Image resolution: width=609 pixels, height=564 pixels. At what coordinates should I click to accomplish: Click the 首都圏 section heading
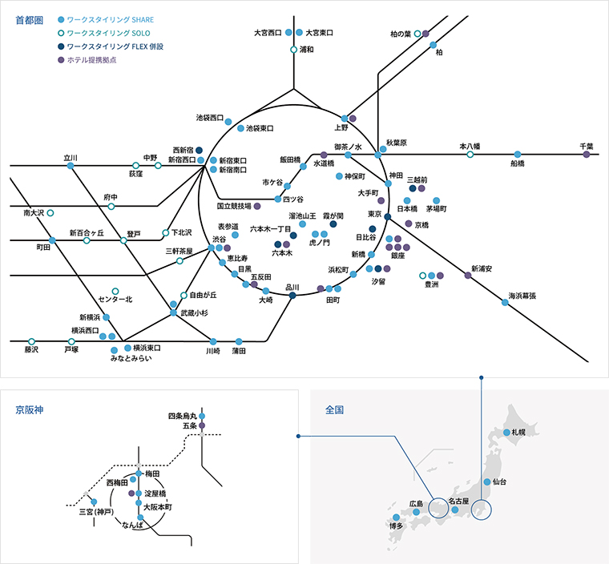click(29, 20)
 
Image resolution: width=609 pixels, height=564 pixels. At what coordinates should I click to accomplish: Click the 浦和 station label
click(306, 50)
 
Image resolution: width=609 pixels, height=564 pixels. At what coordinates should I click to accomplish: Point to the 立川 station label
click(71, 157)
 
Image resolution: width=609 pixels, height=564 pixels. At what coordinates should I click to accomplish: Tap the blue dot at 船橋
click(518, 154)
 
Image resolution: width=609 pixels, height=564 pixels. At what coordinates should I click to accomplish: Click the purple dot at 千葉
click(587, 155)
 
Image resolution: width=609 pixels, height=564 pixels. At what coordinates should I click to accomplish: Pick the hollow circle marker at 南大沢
click(50, 213)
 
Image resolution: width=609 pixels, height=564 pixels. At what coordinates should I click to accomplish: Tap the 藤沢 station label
click(31, 350)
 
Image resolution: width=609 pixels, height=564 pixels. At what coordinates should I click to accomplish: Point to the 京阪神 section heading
click(29, 409)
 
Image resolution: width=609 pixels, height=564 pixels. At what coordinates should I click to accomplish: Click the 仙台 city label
click(499, 482)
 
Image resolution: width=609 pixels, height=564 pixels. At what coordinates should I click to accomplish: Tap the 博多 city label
click(396, 526)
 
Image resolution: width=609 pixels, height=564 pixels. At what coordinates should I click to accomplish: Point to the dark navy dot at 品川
click(293, 296)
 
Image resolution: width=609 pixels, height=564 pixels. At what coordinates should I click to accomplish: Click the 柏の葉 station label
click(400, 34)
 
